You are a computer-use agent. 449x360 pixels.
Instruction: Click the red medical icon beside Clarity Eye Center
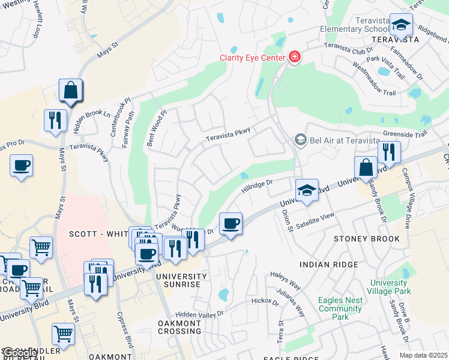294,58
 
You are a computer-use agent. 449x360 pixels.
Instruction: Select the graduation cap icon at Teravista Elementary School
401,25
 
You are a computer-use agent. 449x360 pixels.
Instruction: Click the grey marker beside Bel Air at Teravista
300,140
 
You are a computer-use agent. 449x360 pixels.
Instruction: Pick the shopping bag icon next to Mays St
71,91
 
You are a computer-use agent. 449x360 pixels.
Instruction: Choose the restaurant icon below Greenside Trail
390,153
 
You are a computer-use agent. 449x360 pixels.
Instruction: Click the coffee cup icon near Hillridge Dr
231,224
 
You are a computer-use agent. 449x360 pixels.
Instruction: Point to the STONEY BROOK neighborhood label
367,239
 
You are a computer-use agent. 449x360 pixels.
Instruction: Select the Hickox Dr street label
265,301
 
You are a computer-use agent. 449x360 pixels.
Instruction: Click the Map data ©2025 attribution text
424,355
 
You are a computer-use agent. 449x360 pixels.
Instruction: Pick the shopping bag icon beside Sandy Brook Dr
366,169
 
